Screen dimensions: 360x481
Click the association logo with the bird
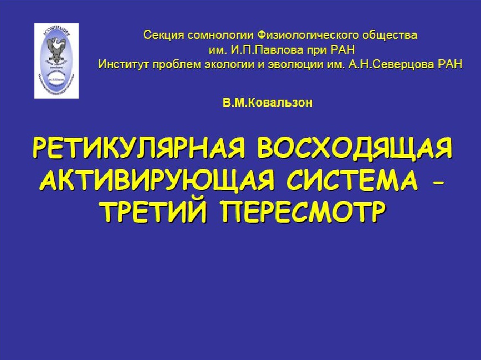pyautogui.click(x=57, y=60)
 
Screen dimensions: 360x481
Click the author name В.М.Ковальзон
pyautogui.click(x=268, y=103)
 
